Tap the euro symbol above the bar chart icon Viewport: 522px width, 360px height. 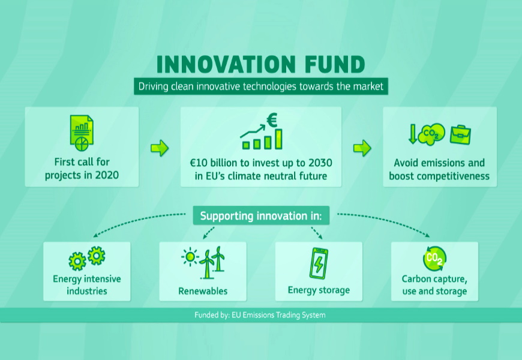(x=272, y=121)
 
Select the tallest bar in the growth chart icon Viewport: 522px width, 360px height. (x=278, y=139)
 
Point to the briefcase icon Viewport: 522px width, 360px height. (x=460, y=134)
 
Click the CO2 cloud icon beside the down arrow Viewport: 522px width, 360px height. (x=431, y=134)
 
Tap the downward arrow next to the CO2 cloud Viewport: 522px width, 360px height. (x=413, y=134)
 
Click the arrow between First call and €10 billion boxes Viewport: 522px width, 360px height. (x=160, y=148)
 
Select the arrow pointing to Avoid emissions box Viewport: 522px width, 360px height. (x=362, y=148)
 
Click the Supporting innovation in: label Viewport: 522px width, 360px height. (x=261, y=216)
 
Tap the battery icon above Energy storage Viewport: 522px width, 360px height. (x=319, y=263)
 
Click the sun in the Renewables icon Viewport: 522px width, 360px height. (x=190, y=257)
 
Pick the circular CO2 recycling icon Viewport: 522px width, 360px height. (x=434, y=259)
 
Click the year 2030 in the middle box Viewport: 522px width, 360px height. (x=320, y=163)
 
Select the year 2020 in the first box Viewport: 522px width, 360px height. (x=107, y=175)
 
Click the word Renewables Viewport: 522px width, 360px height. (x=203, y=291)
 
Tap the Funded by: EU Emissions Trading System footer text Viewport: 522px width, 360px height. (x=260, y=315)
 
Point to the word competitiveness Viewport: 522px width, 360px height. (x=458, y=176)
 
